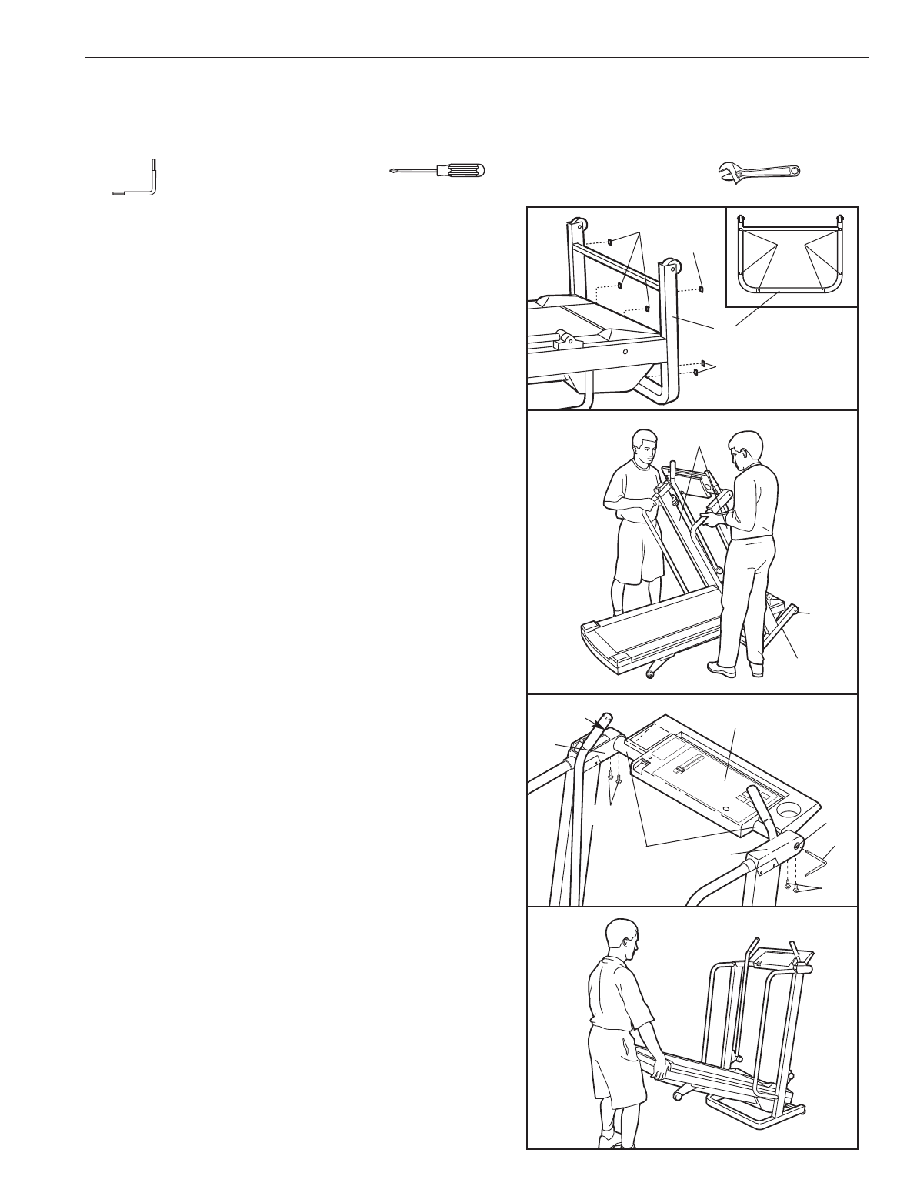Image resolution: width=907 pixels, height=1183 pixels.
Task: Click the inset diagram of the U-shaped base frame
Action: tap(791, 257)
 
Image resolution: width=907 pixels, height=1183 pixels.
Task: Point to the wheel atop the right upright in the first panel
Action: tap(672, 266)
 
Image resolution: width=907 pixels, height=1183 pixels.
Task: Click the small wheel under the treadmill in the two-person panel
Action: tap(651, 674)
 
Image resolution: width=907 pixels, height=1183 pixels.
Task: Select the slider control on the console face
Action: tap(680, 770)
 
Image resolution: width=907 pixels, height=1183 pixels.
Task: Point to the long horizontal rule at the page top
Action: tap(476, 58)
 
